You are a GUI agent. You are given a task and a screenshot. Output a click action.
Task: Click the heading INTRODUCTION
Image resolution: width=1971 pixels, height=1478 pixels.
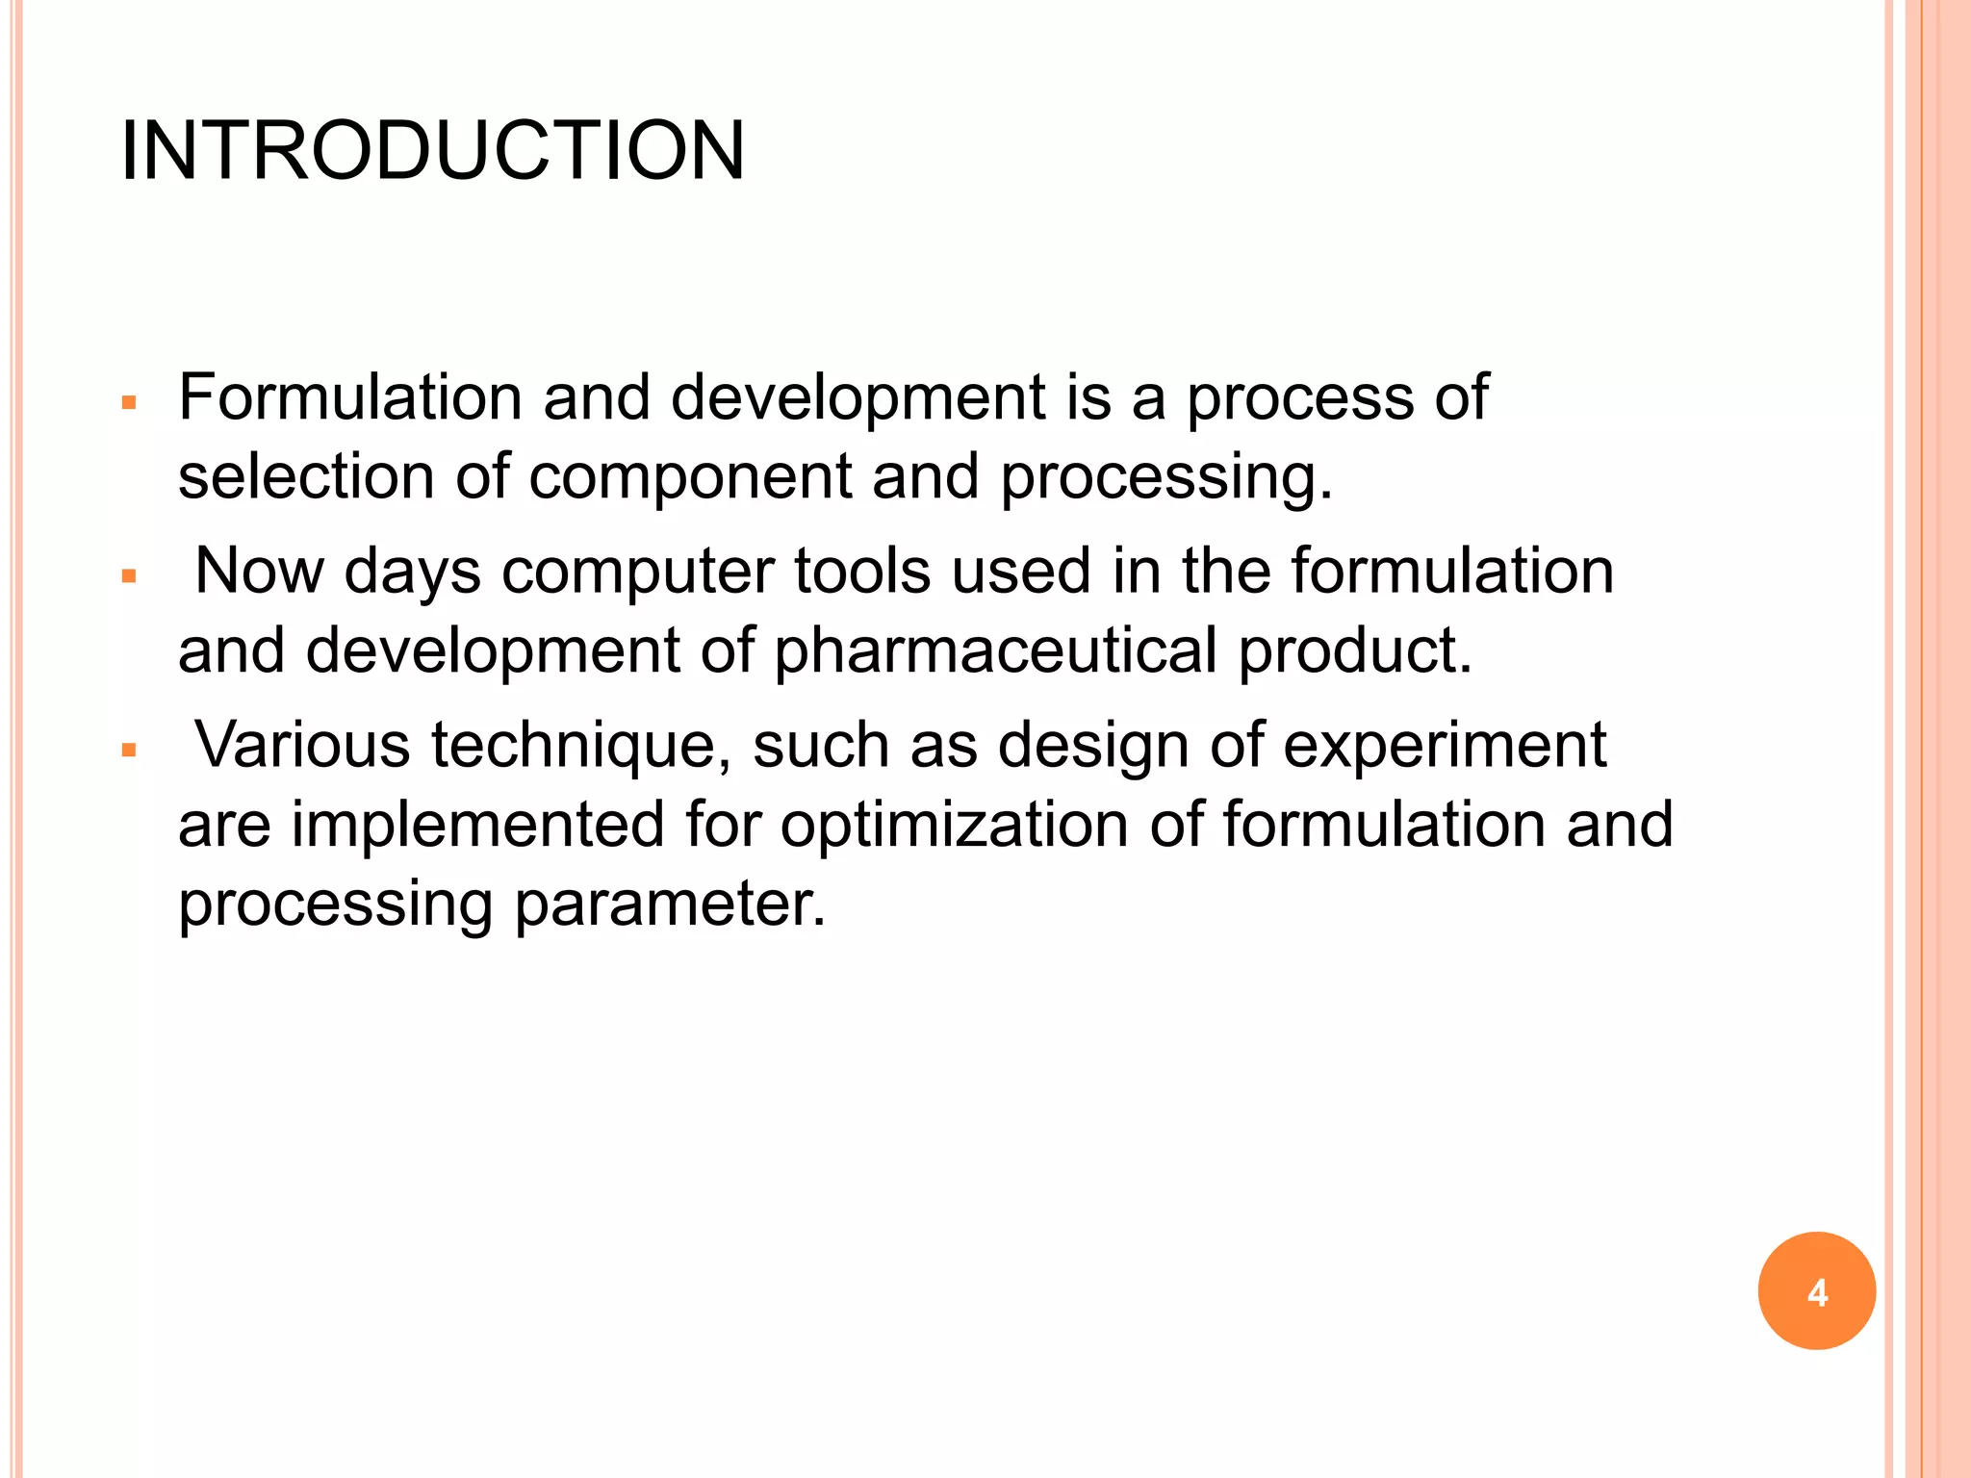click(432, 151)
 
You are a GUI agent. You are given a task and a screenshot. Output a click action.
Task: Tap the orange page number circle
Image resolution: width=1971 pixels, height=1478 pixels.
click(1816, 1291)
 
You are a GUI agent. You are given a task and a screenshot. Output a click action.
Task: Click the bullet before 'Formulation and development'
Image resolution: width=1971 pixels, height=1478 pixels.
click(130, 402)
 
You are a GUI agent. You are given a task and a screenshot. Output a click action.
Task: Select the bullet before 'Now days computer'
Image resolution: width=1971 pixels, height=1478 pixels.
click(130, 576)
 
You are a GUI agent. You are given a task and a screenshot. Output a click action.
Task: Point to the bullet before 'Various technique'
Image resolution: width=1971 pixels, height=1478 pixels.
click(130, 751)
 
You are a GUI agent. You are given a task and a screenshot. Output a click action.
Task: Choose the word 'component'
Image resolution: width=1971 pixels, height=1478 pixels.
click(690, 476)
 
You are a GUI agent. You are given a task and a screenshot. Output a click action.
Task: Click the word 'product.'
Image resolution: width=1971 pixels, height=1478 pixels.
click(1355, 650)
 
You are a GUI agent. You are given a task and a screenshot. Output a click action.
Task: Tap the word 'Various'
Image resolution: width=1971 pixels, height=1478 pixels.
click(302, 746)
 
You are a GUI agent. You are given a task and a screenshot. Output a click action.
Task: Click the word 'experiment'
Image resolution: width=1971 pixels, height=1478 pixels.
click(1445, 746)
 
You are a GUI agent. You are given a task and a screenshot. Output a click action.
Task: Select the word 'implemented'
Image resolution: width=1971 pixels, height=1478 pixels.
click(477, 825)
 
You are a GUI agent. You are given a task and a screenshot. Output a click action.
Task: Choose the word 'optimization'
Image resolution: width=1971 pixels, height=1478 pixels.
click(954, 825)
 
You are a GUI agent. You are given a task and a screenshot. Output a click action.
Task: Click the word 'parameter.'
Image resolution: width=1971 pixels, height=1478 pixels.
click(670, 905)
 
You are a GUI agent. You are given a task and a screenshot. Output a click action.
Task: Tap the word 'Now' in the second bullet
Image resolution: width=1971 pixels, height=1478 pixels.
click(259, 572)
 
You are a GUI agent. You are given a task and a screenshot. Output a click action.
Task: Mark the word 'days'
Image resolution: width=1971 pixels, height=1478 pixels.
click(412, 572)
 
